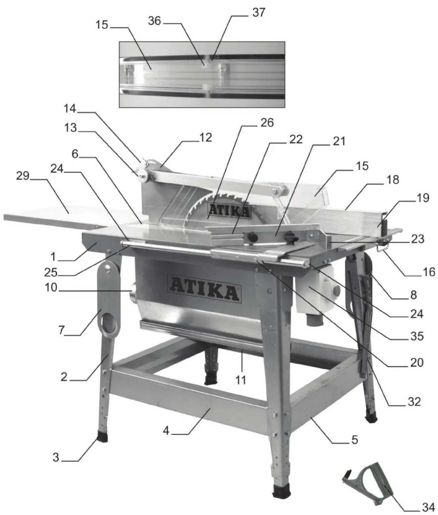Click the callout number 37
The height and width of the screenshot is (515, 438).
(259, 13)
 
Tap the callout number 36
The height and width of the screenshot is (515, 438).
(154, 21)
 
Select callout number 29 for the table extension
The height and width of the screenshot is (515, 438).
(23, 176)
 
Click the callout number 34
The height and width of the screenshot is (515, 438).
(428, 507)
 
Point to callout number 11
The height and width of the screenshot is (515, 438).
(241, 380)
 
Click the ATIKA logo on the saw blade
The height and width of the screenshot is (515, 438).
(230, 211)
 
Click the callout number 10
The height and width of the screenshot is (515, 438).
(51, 287)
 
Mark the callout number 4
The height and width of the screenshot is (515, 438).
(166, 431)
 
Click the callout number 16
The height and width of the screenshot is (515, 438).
(428, 271)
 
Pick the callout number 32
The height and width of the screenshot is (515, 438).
(414, 401)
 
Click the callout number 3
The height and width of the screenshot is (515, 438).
(56, 457)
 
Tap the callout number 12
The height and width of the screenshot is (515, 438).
(206, 137)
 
